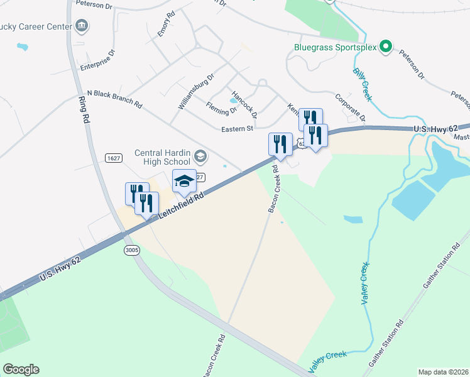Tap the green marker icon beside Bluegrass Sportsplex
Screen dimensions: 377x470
(386, 47)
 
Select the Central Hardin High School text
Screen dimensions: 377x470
(163, 157)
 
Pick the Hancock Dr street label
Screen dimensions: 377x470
(244, 103)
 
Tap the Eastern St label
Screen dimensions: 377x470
(236, 129)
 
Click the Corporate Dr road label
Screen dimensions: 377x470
(350, 108)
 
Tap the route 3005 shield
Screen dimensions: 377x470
(131, 250)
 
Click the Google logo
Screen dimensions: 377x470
(21, 369)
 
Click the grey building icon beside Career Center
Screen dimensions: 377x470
(81, 26)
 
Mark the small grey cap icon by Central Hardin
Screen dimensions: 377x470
(200, 156)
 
